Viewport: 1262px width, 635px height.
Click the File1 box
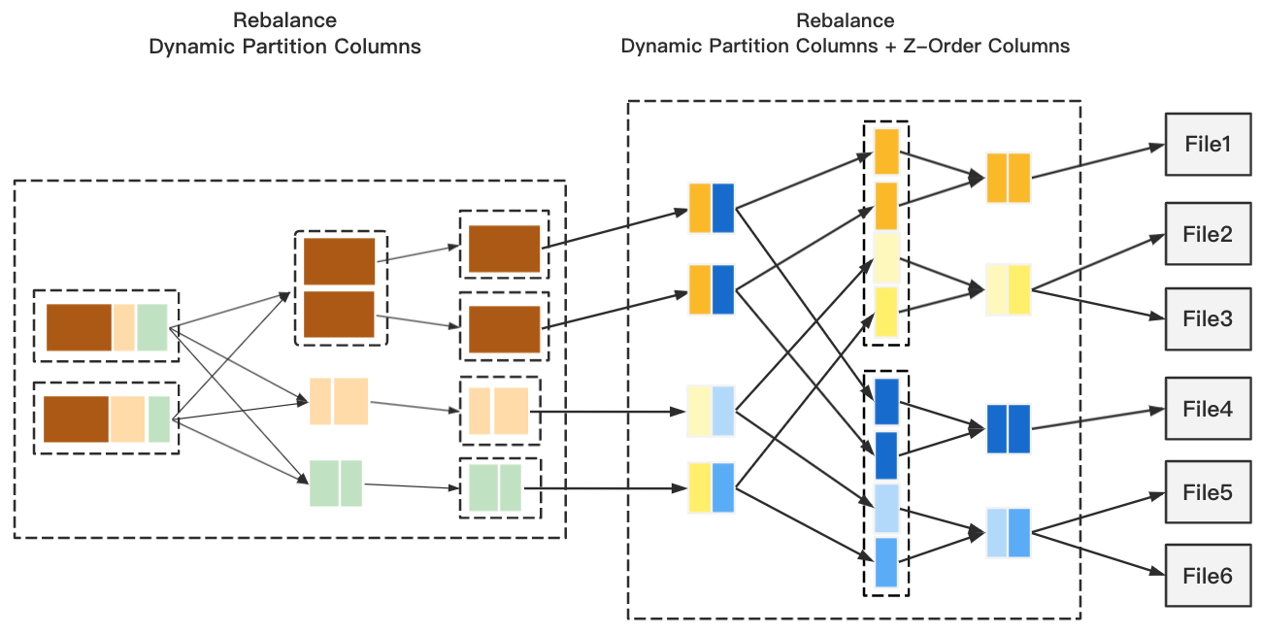(1208, 145)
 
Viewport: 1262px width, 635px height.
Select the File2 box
(1208, 234)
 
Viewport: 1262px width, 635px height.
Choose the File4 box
(1208, 410)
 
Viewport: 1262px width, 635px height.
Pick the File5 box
(1208, 493)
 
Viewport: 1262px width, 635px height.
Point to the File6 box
(1208, 577)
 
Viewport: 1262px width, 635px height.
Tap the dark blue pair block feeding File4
(1008, 429)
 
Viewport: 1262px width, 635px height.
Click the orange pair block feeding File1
(1008, 178)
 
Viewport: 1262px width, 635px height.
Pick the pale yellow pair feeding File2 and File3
(1008, 289)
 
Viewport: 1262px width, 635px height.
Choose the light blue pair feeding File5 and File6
(1008, 532)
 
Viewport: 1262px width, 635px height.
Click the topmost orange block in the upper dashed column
(886, 151)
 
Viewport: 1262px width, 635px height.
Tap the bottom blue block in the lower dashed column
(886, 562)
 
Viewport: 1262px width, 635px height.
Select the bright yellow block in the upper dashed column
(886, 312)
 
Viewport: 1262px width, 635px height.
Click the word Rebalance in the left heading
(284, 20)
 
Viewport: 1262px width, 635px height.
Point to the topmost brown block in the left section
(339, 261)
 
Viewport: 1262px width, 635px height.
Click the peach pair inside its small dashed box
(498, 411)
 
